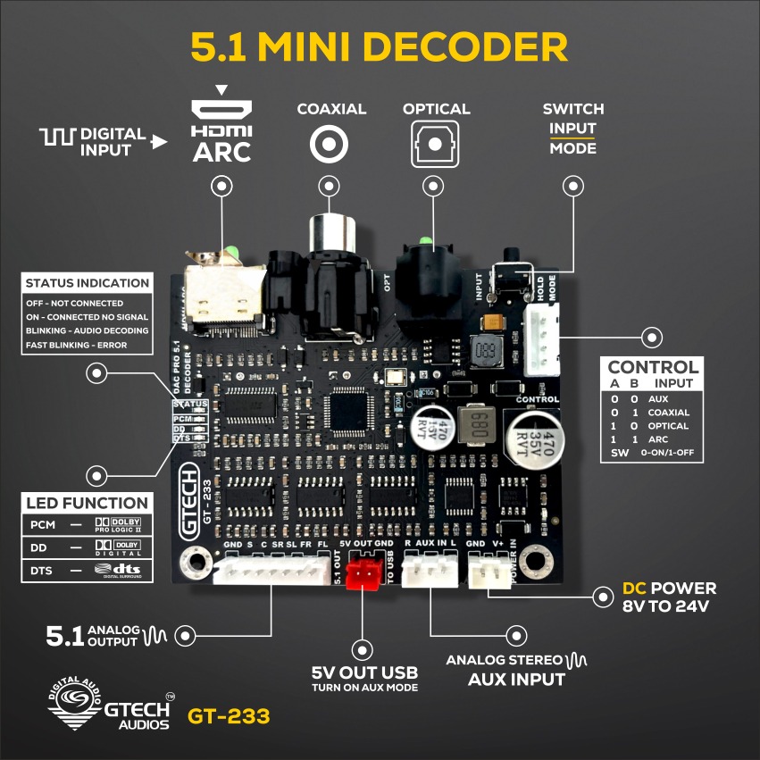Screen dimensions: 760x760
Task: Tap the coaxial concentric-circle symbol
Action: click(x=330, y=143)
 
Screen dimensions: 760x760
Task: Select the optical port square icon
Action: click(x=435, y=143)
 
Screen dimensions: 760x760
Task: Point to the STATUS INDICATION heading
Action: click(x=88, y=283)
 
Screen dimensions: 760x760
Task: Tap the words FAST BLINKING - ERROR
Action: click(x=77, y=345)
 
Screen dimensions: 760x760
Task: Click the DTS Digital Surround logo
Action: click(x=119, y=569)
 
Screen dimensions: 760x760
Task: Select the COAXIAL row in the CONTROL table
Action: click(x=649, y=413)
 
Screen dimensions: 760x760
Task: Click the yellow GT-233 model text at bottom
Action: click(x=229, y=715)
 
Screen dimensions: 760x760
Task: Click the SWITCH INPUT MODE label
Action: click(x=572, y=128)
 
